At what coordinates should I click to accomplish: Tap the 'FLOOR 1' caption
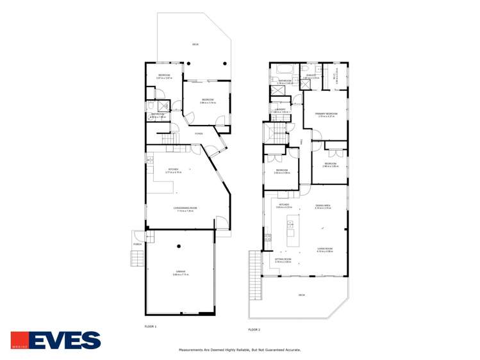tap(151, 327)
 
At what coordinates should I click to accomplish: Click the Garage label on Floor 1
tap(179, 273)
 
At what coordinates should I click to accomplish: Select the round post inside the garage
tap(179, 246)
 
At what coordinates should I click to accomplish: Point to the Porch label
tap(137, 244)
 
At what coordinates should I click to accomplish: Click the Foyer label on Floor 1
tap(199, 134)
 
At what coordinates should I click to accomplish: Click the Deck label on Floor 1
tap(195, 44)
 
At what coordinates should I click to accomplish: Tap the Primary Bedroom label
tap(326, 115)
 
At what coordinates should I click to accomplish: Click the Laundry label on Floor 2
tap(281, 110)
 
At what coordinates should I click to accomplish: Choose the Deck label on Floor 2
tap(301, 295)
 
